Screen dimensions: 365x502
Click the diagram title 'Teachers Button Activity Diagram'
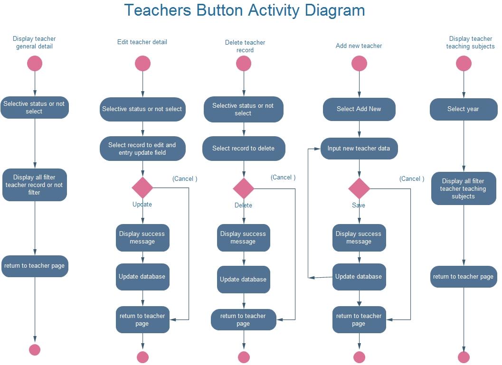244,10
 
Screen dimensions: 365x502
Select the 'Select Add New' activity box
359,109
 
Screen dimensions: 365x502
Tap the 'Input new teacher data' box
359,149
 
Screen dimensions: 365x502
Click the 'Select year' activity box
463,109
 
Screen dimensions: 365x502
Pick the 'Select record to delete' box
244,149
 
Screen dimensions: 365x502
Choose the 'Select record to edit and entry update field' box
142,149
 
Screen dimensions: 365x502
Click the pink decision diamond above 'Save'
359,188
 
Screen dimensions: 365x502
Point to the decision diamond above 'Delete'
244,188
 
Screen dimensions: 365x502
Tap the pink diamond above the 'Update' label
142,188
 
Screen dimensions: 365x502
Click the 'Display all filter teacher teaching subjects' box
464,188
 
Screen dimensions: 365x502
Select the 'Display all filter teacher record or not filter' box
35,185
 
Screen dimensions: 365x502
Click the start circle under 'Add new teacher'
359,64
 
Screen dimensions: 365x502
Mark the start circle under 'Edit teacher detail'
142,64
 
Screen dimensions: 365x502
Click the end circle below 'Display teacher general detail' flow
35,350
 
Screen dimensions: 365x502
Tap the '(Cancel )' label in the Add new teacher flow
411,178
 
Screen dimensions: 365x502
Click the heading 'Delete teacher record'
245,46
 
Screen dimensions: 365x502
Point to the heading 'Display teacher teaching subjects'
470,43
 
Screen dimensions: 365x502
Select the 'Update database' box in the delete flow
243,279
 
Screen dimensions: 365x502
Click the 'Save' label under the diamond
359,205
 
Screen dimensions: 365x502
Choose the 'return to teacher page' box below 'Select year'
463,277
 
